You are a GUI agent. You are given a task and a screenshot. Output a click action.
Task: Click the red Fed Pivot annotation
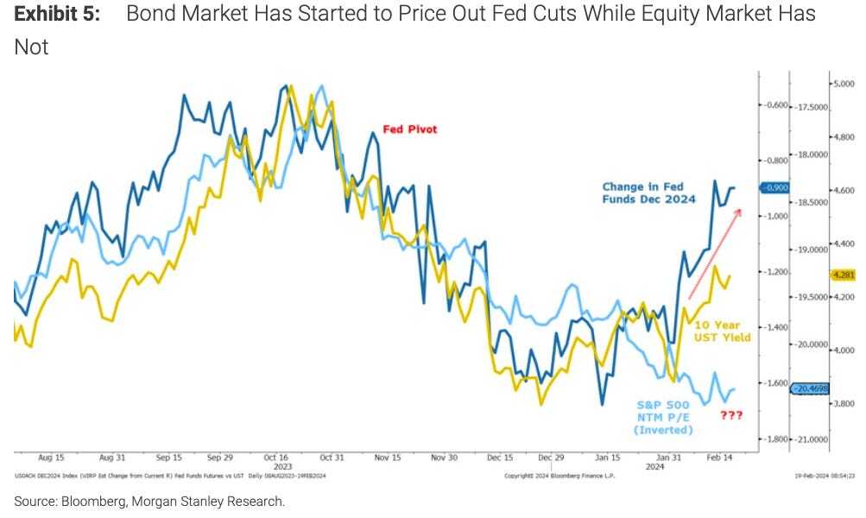(x=410, y=129)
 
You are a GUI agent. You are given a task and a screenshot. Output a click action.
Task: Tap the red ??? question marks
(x=730, y=415)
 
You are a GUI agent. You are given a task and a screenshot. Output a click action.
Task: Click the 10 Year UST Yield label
(x=722, y=332)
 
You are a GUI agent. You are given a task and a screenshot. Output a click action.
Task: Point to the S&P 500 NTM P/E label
(x=663, y=416)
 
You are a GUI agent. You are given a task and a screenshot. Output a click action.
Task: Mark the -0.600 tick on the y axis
(x=778, y=105)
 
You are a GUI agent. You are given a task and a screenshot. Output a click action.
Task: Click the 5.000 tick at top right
(x=844, y=84)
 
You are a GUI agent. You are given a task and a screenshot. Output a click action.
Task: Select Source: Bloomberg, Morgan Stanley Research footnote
(x=149, y=501)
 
